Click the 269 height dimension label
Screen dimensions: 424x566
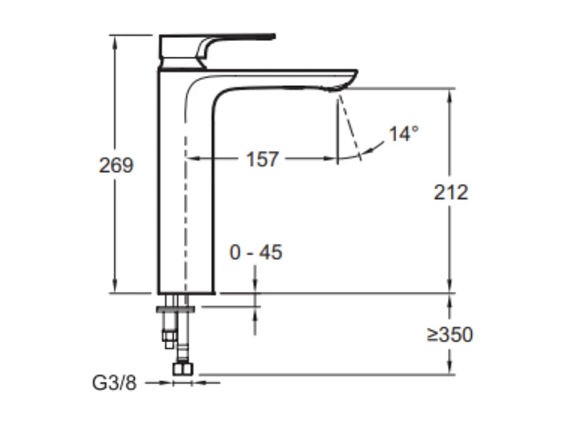pos(116,165)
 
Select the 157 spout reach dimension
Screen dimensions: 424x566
pos(262,159)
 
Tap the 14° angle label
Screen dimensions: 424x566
pos(403,134)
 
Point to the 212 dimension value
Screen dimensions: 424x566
pos(450,192)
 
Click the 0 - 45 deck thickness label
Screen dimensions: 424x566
pos(256,252)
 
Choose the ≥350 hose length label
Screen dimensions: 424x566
pos(450,335)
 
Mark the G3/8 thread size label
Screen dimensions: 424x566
pos(115,383)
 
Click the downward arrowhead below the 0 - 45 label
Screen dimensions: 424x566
pos(255,287)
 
